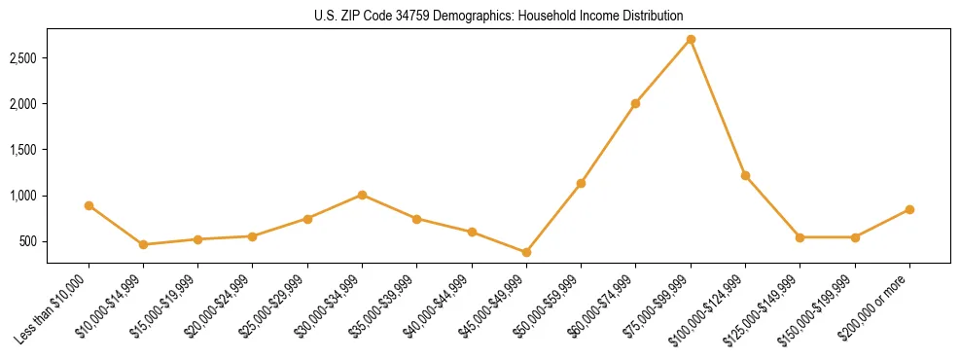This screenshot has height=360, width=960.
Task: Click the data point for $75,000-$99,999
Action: pyautogui.click(x=691, y=39)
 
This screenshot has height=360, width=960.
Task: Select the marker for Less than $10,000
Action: pyautogui.click(x=89, y=205)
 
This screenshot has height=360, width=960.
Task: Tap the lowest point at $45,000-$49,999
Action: pyautogui.click(x=526, y=252)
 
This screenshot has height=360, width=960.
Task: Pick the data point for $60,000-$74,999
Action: pyautogui.click(x=635, y=103)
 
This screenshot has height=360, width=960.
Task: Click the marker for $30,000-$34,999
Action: pyautogui.click(x=362, y=195)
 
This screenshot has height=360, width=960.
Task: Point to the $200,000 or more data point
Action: pyautogui.click(x=909, y=209)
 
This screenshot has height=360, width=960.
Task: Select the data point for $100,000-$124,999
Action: pyautogui.click(x=745, y=175)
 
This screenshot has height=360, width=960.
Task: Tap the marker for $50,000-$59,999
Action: pyautogui.click(x=581, y=183)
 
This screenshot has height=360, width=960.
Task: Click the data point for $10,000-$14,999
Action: pyautogui.click(x=143, y=244)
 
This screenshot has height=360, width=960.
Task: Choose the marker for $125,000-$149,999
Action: pyautogui.click(x=800, y=237)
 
